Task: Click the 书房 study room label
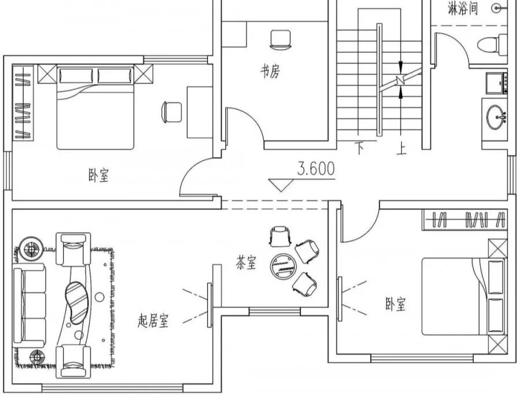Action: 269,72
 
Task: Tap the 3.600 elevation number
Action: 316,169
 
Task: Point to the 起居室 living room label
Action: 153,321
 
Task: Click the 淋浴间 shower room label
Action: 463,9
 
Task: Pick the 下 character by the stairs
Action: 359,149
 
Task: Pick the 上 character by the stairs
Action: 401,149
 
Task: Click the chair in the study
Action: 280,39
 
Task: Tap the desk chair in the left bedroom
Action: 172,111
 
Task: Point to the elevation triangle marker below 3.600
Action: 282,185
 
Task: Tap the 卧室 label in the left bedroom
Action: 98,175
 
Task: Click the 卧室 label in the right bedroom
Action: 396,304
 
